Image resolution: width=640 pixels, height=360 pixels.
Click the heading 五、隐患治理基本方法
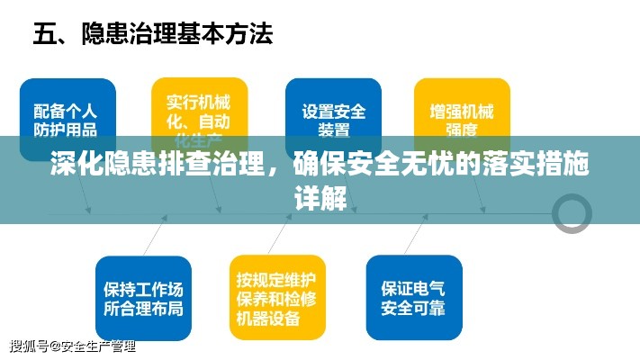[x=153, y=36]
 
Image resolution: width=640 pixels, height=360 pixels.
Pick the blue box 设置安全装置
[x=333, y=112]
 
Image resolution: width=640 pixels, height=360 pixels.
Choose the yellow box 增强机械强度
[x=461, y=112]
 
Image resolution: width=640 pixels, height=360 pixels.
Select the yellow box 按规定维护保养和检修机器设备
[x=277, y=297]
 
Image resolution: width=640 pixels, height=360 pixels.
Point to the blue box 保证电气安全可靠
[x=413, y=298]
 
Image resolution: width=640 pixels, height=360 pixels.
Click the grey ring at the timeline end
[x=572, y=211]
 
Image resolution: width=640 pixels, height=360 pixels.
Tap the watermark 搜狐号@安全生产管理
[x=72, y=346]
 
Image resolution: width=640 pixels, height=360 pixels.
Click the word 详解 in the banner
[x=320, y=197]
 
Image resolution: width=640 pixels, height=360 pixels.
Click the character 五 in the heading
[x=46, y=36]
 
